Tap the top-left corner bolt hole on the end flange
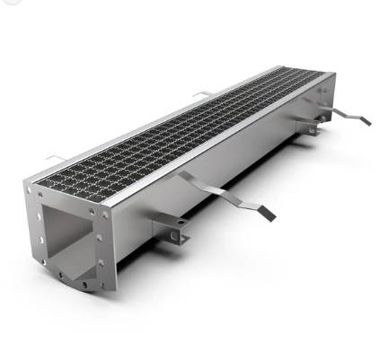pyautogui.click(x=30, y=190)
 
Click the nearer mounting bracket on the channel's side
pyautogui.click(x=171, y=228)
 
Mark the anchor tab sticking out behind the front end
pyautogui.click(x=55, y=160)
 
